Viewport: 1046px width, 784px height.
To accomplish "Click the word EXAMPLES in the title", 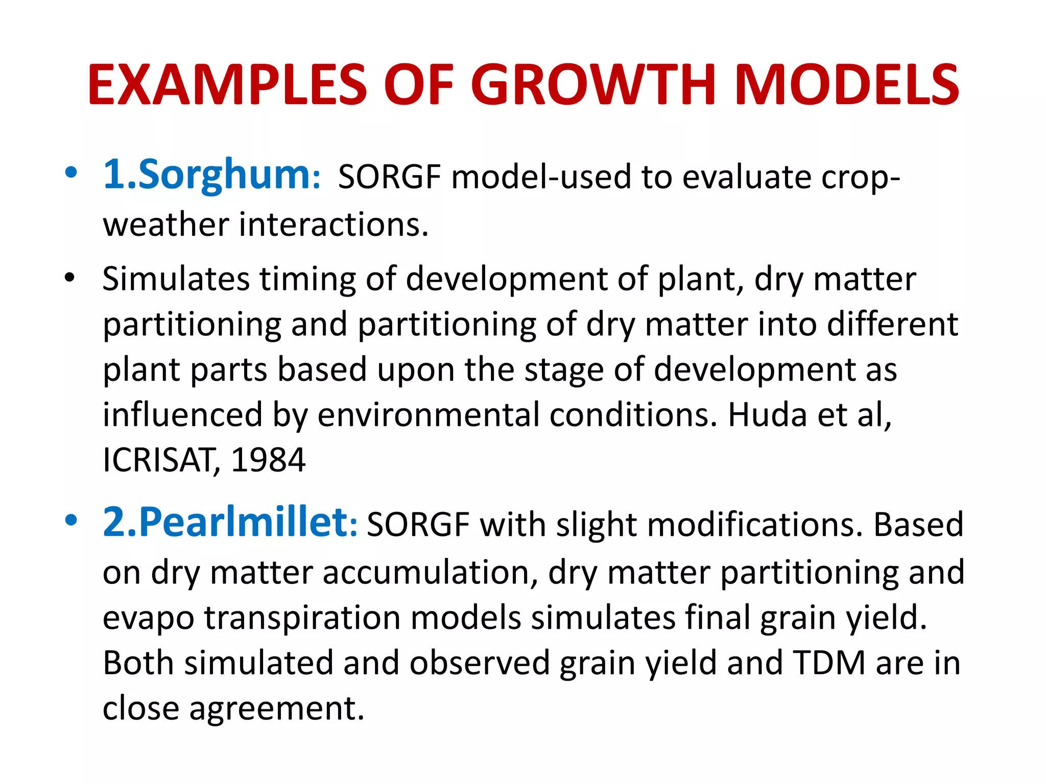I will coord(227,85).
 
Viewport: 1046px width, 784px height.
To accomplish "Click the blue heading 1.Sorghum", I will coord(211,175).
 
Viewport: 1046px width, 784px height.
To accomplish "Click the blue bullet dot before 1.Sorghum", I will coord(71,173).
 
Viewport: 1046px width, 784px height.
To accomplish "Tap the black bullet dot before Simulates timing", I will coord(70,279).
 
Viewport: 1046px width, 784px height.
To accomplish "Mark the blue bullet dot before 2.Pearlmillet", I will coord(71,521).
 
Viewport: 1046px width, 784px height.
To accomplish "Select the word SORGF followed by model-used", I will coord(389,177).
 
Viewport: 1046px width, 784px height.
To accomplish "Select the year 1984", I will coord(268,460).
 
